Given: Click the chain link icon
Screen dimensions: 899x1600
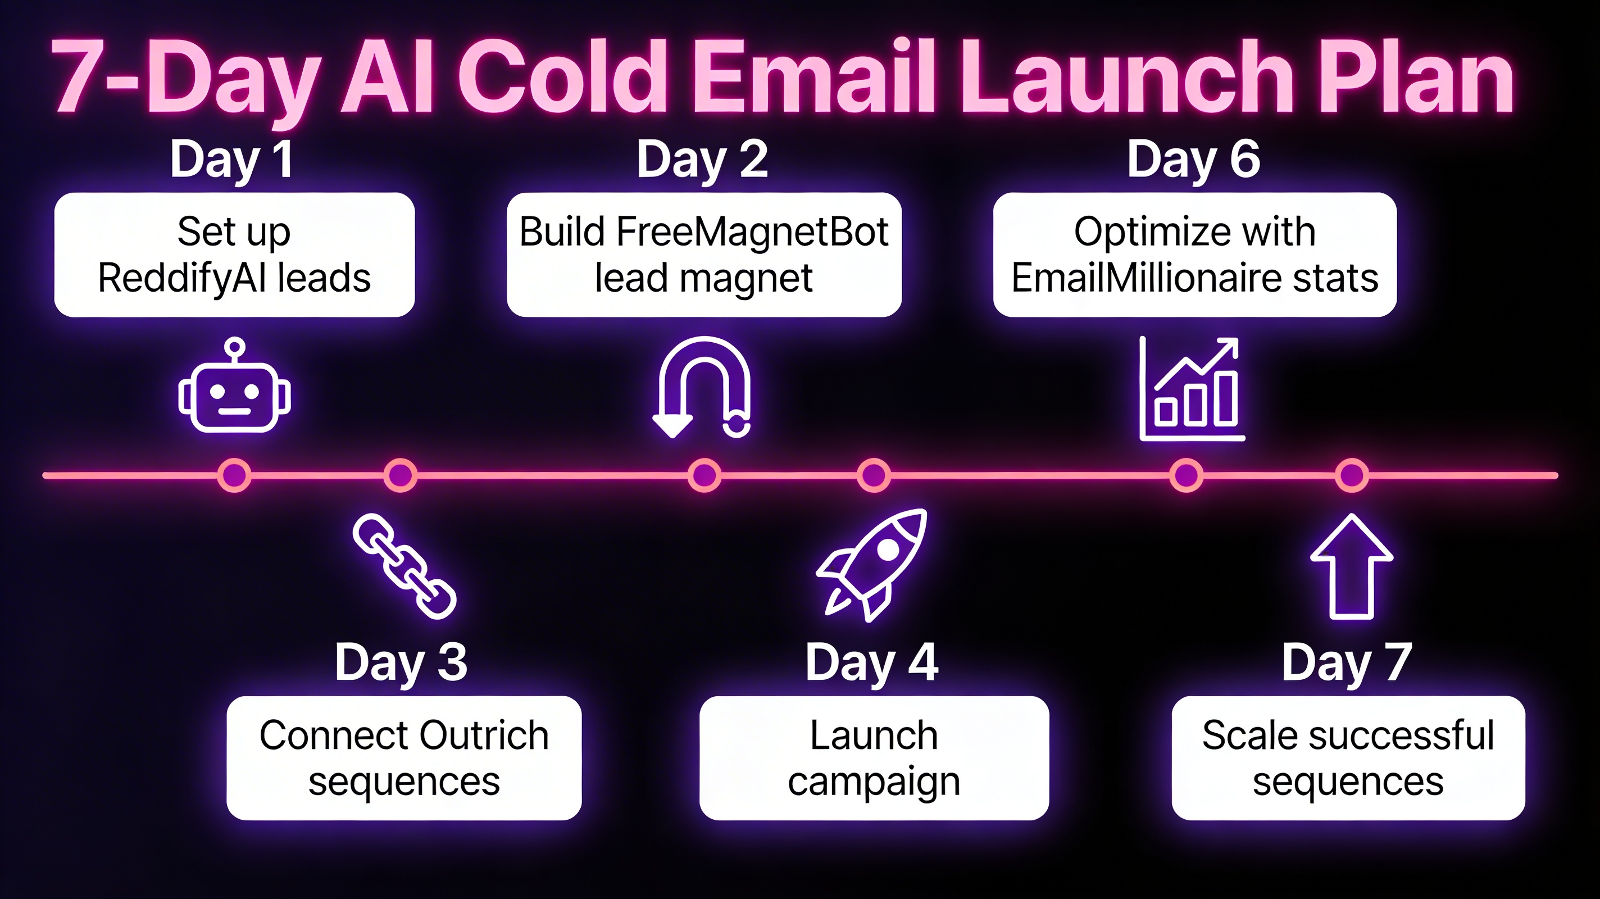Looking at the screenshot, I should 404,566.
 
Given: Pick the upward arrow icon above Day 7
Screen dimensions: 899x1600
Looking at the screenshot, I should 1352,566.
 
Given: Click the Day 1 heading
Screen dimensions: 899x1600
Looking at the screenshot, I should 231,160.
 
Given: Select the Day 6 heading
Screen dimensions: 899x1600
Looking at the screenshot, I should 1193,160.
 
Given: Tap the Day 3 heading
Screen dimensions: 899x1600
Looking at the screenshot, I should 401,663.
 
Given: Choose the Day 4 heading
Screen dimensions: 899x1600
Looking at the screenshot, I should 871,663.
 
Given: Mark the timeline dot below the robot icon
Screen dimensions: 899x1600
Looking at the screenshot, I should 234,475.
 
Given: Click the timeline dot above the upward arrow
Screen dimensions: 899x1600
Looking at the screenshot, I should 1352,475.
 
